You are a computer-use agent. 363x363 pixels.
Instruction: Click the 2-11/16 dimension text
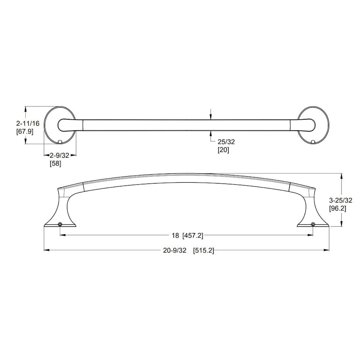pyautogui.click(x=28, y=123)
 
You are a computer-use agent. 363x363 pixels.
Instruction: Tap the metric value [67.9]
pyautogui.click(x=25, y=131)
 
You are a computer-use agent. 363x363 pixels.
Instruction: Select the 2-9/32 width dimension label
pyautogui.click(x=60, y=155)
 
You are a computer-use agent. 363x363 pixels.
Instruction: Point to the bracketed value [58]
pyautogui.click(x=56, y=163)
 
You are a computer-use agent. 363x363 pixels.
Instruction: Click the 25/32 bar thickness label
pyautogui.click(x=226, y=142)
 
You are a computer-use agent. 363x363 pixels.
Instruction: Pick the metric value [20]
pyautogui.click(x=223, y=150)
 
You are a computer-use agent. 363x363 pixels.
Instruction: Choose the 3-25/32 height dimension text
pyautogui.click(x=340, y=200)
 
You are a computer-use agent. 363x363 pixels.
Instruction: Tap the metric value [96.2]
pyautogui.click(x=338, y=209)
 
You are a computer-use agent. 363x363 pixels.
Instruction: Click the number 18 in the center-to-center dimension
pyautogui.click(x=175, y=236)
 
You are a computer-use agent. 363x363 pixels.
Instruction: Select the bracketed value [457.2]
pyautogui.click(x=193, y=236)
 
